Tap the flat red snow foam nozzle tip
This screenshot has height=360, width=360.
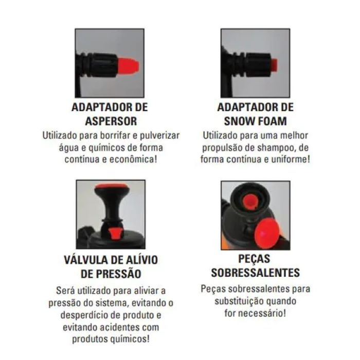tap(274, 65)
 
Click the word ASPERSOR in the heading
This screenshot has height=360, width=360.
tap(111, 121)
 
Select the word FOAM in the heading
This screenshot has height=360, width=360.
tap(271, 121)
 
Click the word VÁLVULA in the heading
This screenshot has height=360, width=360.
tap(86, 260)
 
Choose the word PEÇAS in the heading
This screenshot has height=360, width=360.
tap(254, 259)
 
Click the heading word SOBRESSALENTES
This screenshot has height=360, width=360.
tap(255, 273)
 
